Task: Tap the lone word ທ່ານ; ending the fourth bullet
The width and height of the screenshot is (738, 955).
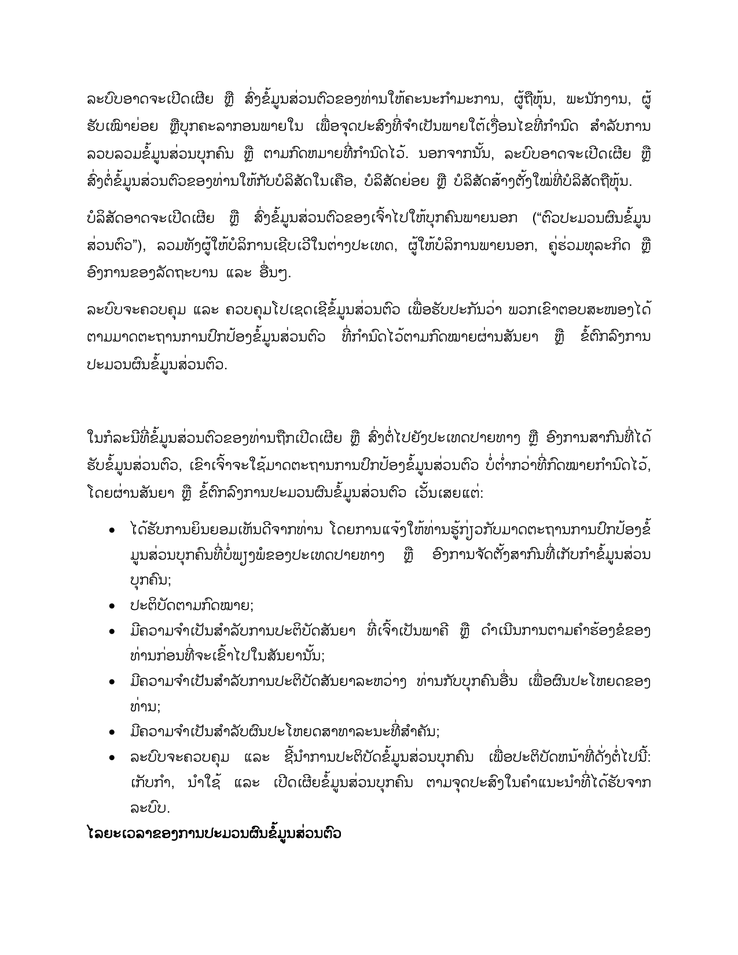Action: click(x=145, y=707)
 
